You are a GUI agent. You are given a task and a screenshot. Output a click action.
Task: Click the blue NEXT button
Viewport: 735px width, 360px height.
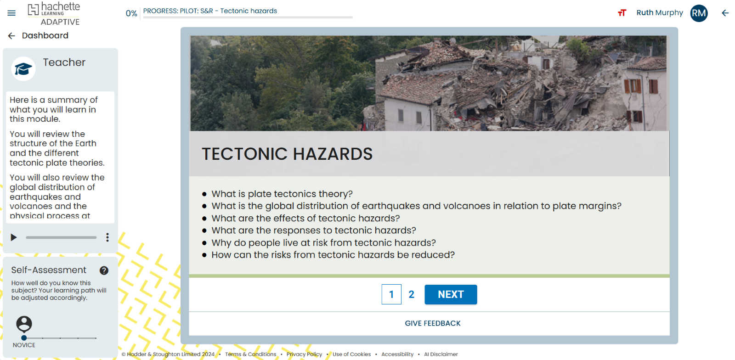[x=450, y=294]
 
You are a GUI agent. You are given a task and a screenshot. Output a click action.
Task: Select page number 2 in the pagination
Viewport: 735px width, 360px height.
[x=411, y=294]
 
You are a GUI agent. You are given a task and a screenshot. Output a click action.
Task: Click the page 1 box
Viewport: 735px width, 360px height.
[x=391, y=294]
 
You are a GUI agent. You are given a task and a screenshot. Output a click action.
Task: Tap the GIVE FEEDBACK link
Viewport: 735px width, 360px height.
[x=432, y=323]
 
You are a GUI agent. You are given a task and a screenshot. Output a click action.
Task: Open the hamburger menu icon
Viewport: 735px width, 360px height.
[x=11, y=13]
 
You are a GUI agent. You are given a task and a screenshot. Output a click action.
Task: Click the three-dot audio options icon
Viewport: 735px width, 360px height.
[x=107, y=237]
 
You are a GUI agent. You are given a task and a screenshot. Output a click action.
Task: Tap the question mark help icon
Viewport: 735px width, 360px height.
[x=104, y=270]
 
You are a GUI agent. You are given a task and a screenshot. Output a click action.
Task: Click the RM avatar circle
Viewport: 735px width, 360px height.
[x=699, y=13]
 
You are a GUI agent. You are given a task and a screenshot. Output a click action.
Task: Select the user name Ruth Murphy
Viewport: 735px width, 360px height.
[x=659, y=13]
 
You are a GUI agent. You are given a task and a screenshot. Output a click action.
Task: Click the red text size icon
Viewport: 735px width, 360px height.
[x=622, y=13]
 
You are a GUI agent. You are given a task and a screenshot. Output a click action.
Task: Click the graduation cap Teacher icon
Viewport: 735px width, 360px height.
[x=23, y=69]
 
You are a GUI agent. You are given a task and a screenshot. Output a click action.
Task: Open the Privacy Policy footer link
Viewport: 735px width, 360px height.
[x=304, y=354]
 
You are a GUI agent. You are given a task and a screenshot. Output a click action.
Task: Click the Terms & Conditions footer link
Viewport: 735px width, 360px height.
[x=250, y=354]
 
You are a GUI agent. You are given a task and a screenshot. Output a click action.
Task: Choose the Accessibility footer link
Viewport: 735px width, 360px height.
[x=397, y=354]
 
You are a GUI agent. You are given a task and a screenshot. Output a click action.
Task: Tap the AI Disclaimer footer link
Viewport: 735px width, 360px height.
[x=441, y=354]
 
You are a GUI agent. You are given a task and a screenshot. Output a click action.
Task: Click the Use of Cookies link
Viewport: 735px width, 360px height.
[x=351, y=354]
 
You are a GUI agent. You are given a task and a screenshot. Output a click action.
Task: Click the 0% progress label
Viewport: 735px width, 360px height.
[x=131, y=13]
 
